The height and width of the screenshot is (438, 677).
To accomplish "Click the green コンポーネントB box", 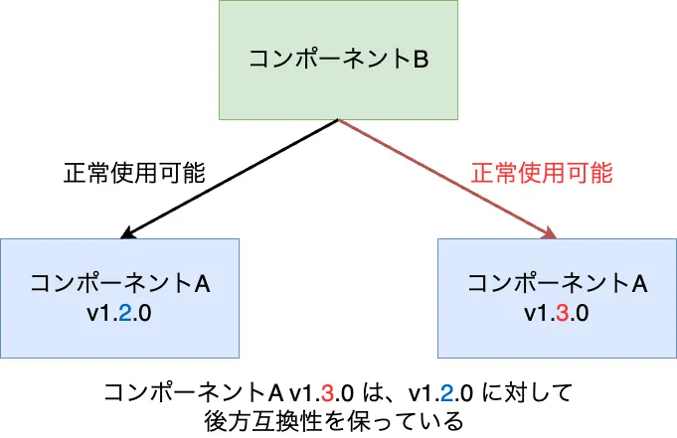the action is pyautogui.click(x=338, y=60).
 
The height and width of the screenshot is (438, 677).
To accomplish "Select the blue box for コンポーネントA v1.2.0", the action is pyautogui.click(x=119, y=298).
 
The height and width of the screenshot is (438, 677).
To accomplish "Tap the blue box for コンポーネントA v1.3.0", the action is pyautogui.click(x=557, y=298).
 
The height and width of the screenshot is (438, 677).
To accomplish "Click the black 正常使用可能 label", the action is pyautogui.click(x=134, y=173).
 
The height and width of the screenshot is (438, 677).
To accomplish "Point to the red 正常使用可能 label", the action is pyautogui.click(x=542, y=173).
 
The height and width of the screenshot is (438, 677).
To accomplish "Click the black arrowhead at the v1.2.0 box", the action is pyautogui.click(x=126, y=233).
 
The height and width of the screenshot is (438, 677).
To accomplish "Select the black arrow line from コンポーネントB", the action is pyautogui.click(x=230, y=179).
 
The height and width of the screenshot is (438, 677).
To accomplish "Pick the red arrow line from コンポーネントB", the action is pyautogui.click(x=447, y=179).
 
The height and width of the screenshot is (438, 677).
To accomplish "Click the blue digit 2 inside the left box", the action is pyautogui.click(x=125, y=313).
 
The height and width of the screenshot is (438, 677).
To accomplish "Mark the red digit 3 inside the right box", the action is pyautogui.click(x=562, y=313).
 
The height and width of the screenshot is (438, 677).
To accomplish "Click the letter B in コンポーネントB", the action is pyautogui.click(x=421, y=60).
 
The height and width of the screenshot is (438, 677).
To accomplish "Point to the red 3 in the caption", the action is pyautogui.click(x=327, y=392).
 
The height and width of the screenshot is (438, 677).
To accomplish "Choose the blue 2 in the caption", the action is pyautogui.click(x=447, y=392).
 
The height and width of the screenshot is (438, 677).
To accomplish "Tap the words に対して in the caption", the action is pyautogui.click(x=527, y=392).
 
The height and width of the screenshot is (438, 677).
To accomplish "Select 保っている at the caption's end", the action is pyautogui.click(x=408, y=421).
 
